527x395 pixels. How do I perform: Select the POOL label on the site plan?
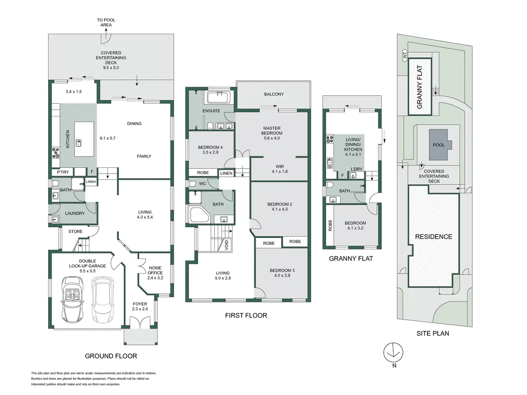439,145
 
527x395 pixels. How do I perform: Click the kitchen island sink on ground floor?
78,144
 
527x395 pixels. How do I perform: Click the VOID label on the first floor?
226,245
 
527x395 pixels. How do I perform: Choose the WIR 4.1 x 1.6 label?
280,169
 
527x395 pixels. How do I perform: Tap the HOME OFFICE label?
155,273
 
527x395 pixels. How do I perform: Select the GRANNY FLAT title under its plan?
351,258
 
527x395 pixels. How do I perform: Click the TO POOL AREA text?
106,22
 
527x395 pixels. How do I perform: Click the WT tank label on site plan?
405,55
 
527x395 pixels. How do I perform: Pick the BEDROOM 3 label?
282,273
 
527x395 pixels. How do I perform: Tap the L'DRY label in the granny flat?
357,169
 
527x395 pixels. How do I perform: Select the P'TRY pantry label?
63,172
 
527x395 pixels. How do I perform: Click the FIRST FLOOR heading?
246,316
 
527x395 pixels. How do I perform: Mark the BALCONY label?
274,94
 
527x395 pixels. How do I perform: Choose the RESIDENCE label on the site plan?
434,237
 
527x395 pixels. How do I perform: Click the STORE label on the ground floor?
75,232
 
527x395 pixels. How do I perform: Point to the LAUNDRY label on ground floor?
75,213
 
